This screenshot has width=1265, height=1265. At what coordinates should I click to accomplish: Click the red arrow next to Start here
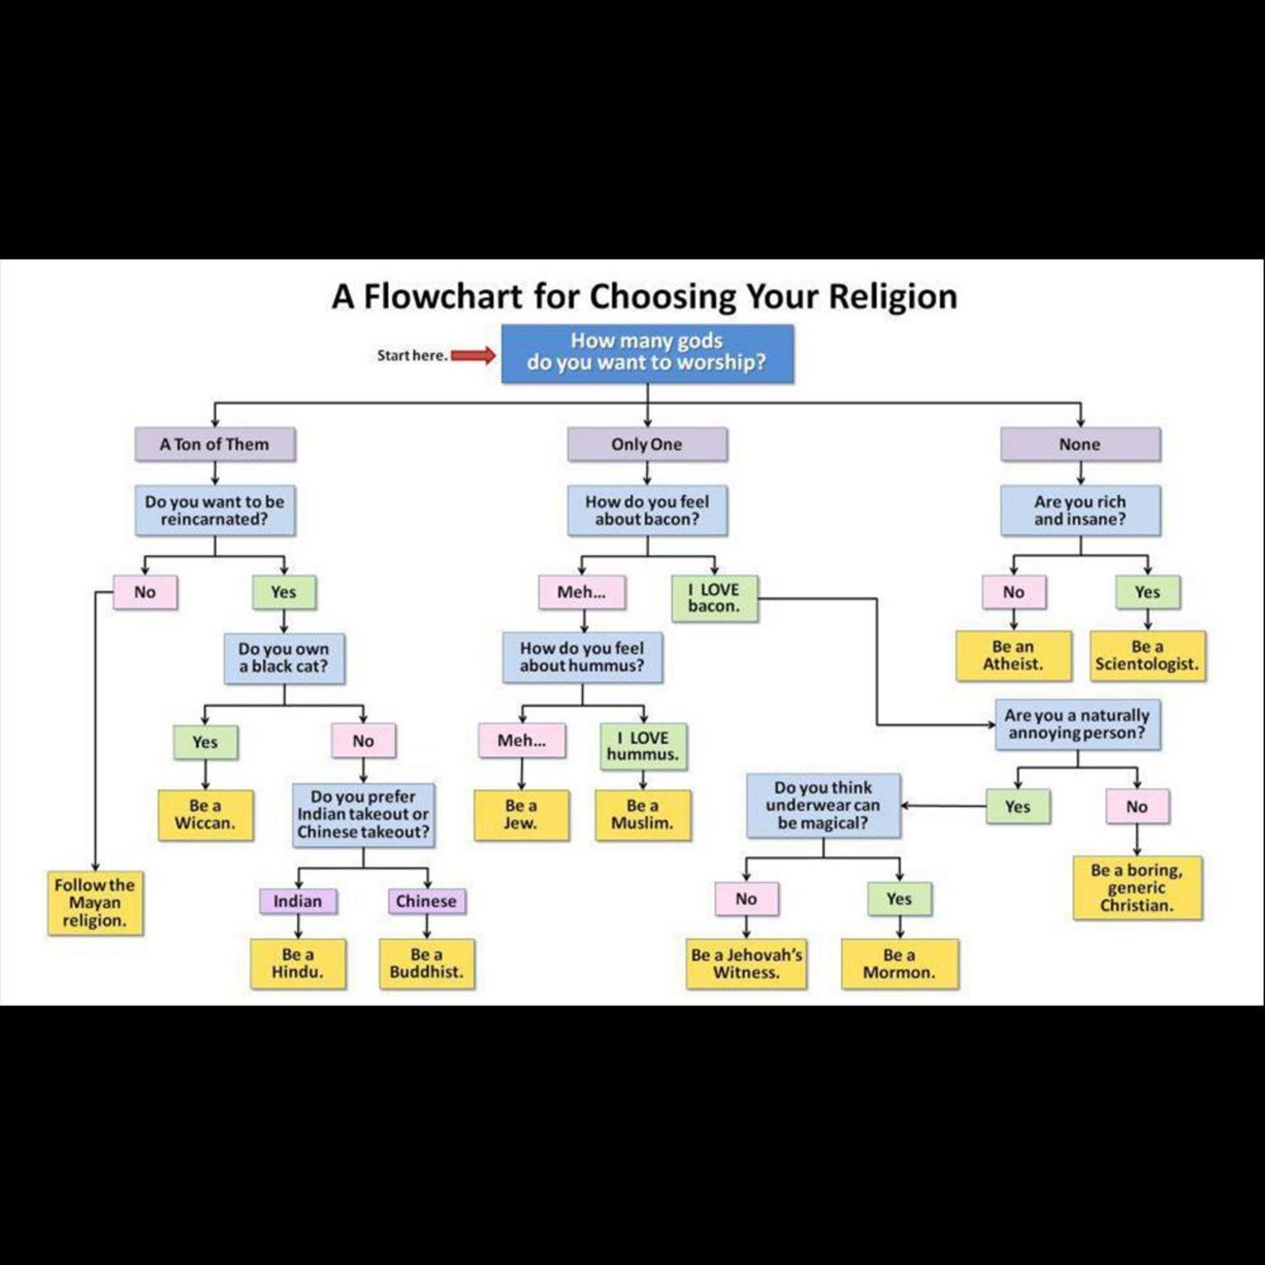tap(473, 355)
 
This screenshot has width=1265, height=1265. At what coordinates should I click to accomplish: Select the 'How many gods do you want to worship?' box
tap(647, 353)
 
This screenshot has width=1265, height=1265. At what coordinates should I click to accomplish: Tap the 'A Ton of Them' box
tap(214, 444)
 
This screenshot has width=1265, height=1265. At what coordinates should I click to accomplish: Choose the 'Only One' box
tap(647, 444)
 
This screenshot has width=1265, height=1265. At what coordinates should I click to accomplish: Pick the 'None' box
tap(1080, 444)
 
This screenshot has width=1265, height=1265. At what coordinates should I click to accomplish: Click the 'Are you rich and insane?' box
tap(1080, 511)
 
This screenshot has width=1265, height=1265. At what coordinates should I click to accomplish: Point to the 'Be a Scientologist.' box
tap(1147, 655)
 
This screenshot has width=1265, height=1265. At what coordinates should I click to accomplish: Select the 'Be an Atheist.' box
tap(1013, 655)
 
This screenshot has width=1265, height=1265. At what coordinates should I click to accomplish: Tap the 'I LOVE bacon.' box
tap(714, 597)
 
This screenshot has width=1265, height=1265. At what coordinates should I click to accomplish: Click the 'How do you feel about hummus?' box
tap(582, 657)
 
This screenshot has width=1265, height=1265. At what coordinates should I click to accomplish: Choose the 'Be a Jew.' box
tap(521, 814)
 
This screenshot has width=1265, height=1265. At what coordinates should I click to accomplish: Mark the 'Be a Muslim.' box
tap(642, 814)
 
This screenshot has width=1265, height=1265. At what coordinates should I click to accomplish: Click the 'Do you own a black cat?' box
tap(284, 658)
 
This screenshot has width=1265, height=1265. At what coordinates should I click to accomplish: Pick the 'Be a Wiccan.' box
tap(205, 814)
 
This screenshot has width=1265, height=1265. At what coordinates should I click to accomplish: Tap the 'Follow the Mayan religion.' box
tap(95, 903)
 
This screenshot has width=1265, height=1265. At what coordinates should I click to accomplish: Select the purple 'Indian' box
tap(297, 901)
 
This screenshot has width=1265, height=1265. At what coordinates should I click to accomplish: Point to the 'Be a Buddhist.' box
tap(426, 963)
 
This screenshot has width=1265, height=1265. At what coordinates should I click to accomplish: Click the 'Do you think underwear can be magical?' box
tap(823, 805)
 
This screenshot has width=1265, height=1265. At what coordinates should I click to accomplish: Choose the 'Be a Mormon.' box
tap(899, 963)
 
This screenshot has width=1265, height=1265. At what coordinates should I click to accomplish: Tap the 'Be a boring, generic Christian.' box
tap(1137, 887)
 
